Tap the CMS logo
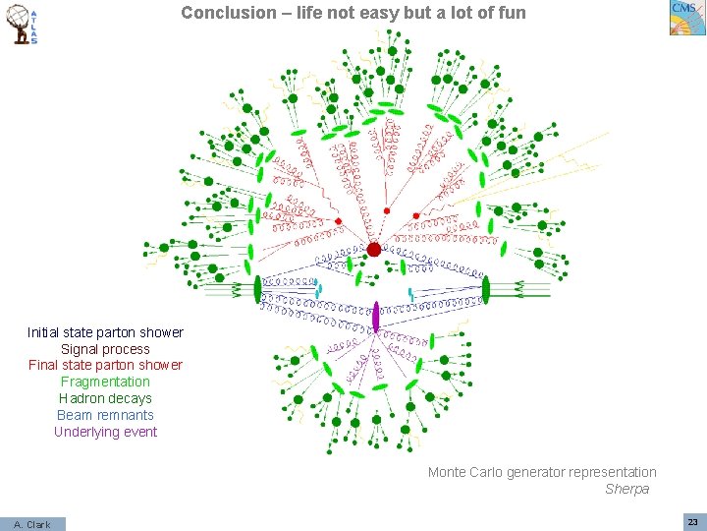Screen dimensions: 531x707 pos(683,18)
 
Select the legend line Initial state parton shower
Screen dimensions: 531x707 pos(105,332)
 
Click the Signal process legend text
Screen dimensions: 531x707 pos(105,349)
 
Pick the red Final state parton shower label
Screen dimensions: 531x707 pos(105,365)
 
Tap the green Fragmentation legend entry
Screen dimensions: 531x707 pos(105,382)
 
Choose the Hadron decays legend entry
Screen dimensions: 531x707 pos(105,398)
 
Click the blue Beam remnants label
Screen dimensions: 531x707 pos(105,415)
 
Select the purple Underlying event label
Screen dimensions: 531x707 pos(105,432)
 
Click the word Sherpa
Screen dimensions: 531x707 pos(626,489)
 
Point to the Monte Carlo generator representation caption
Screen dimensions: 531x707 pos(542,472)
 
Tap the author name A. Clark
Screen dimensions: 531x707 pos(32,524)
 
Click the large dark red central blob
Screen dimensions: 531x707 pos(373,250)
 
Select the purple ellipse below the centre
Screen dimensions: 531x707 pos(375,317)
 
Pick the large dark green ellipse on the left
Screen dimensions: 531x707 pos(258,289)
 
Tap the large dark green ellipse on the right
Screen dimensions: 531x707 pos(485,289)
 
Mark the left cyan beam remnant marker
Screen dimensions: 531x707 pos(318,288)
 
